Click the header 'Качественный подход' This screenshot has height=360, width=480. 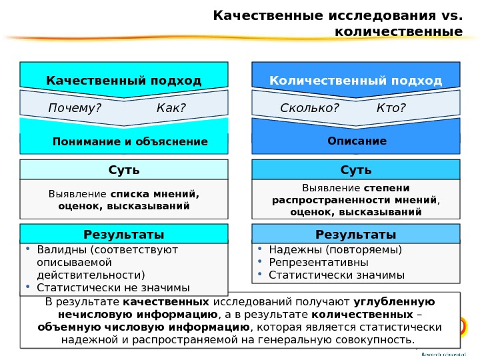click(x=123, y=81)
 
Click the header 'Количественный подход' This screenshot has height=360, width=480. click(x=355, y=81)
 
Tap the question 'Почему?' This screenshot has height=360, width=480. click(x=71, y=108)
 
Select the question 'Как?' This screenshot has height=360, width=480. click(x=171, y=108)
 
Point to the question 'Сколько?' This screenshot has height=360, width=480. click(x=309, y=108)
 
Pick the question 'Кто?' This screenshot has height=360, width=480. click(x=391, y=108)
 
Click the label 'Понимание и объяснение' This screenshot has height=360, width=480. click(x=130, y=141)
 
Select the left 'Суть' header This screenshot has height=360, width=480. click(x=124, y=170)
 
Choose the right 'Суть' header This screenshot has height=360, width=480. click(x=356, y=170)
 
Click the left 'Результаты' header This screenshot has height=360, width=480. click(x=124, y=234)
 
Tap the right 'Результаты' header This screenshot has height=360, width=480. click(x=356, y=234)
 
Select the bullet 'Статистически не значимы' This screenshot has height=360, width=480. click(x=113, y=287)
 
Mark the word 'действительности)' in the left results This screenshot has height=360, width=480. click(x=91, y=275)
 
